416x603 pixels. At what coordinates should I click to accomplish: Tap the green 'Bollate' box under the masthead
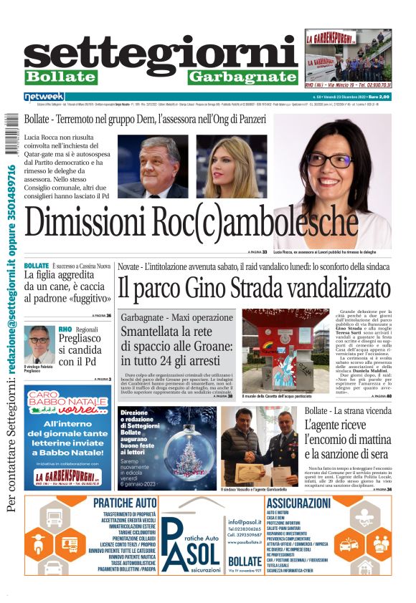pyautogui.click(x=60, y=77)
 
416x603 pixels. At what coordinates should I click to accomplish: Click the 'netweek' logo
pyautogui.click(x=44, y=97)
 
